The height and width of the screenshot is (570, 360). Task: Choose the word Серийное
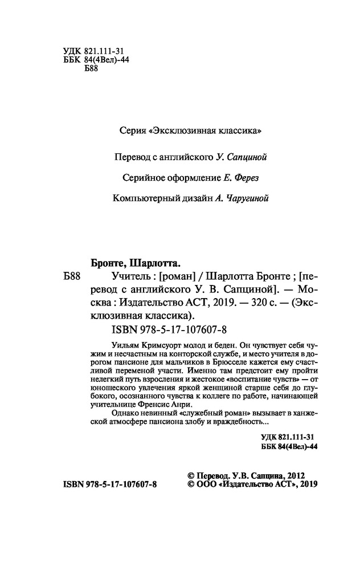tap(143, 177)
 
